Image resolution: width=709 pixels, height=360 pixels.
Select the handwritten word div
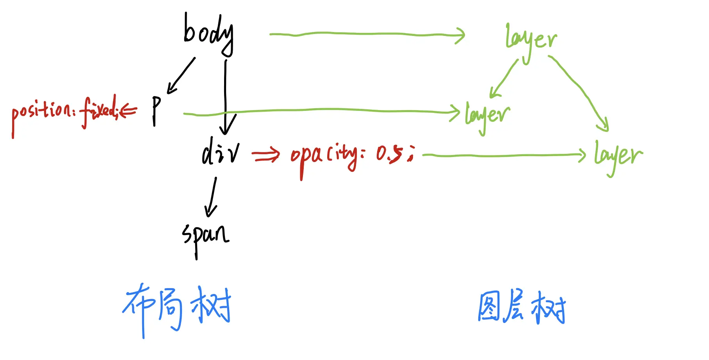pos(221,151)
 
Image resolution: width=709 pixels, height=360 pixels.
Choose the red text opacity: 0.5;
pos(351,155)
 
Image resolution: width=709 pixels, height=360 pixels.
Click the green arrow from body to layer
pos(367,34)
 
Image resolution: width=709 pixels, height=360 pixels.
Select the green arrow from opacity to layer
pos(504,155)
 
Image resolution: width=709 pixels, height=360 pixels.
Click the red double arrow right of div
pos(266,155)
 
